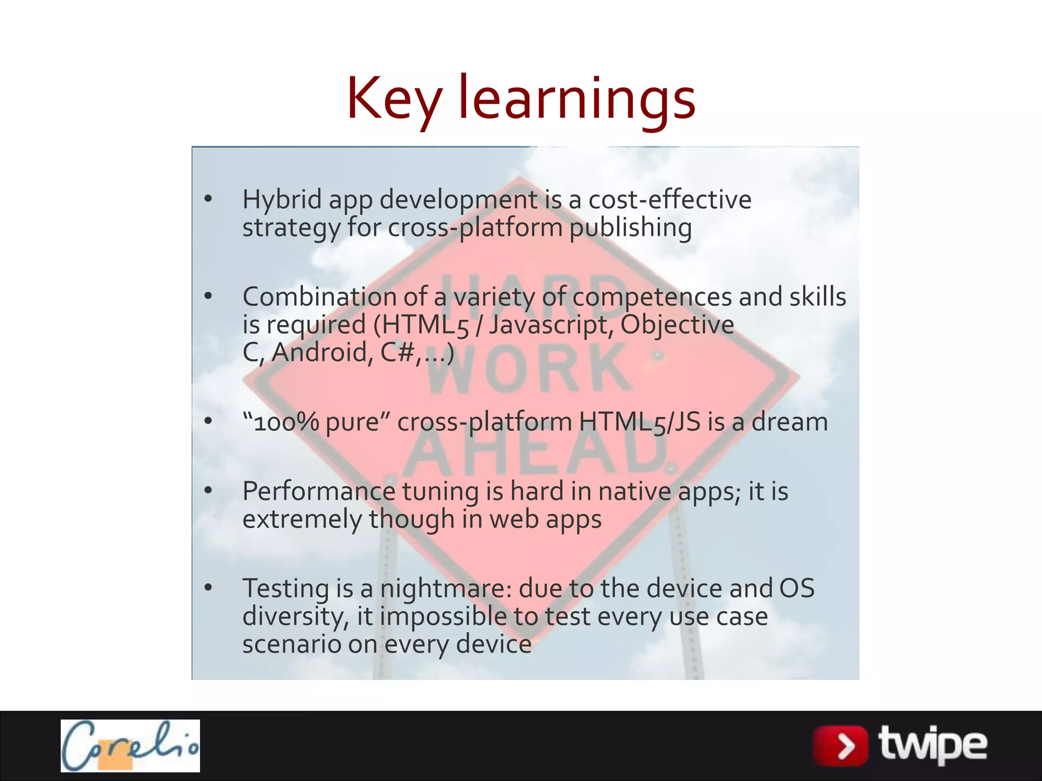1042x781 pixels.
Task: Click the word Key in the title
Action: pyautogui.click(x=394, y=99)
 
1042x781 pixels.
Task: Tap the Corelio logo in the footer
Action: pyautogui.click(x=130, y=745)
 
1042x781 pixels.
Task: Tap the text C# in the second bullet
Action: pyautogui.click(x=396, y=352)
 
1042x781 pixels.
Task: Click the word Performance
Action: pyautogui.click(x=319, y=492)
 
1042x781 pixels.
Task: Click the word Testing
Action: pyautogui.click(x=285, y=589)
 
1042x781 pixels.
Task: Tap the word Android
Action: pyautogui.click(x=319, y=352)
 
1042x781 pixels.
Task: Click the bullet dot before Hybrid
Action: pyautogui.click(x=208, y=199)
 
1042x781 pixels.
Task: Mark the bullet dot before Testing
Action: pyautogui.click(x=208, y=588)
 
